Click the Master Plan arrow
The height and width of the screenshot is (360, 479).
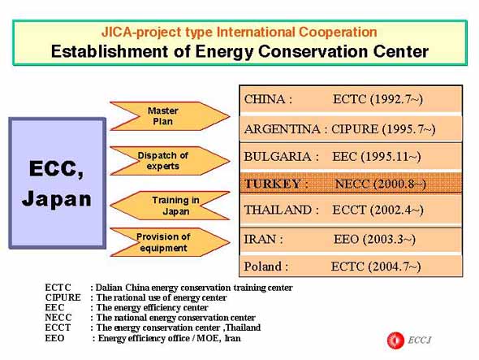point(170,116)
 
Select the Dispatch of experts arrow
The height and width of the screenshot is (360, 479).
point(170,161)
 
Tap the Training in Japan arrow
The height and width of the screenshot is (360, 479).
point(170,206)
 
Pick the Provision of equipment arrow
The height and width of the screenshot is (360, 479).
point(170,242)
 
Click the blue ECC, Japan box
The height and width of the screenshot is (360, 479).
point(58,183)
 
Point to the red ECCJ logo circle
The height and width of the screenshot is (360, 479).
point(395,340)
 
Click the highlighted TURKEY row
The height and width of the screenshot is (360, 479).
point(351,183)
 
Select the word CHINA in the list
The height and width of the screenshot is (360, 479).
point(265,99)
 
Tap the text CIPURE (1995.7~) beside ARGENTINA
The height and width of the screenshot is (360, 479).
point(383,129)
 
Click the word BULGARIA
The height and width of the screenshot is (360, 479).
point(278,157)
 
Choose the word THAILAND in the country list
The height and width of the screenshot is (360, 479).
point(278,210)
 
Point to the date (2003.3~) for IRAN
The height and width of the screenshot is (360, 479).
point(389,239)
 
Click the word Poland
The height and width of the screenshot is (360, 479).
point(263,267)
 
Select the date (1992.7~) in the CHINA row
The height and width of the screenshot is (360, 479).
point(396,99)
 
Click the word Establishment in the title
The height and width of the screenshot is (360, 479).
point(110,51)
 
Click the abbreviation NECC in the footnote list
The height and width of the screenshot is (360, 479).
point(58,318)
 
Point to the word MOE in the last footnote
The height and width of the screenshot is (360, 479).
point(208,338)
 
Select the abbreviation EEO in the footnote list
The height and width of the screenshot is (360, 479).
point(54,338)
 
